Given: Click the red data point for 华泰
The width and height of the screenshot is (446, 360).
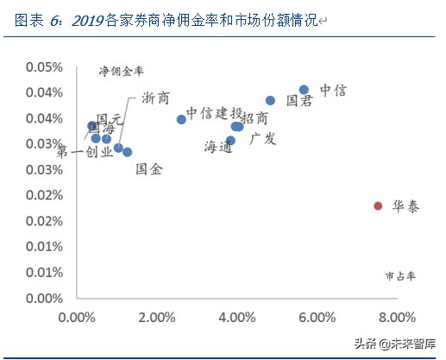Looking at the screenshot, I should point(378,205).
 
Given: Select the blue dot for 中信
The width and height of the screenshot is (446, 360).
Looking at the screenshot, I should point(304,90).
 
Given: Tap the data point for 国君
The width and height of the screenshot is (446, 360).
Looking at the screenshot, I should point(270,100).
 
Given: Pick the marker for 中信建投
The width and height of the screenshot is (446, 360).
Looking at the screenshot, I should point(181,119).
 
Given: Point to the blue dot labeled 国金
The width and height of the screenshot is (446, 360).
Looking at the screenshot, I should point(128,152).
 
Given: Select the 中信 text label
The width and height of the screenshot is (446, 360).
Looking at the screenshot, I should point(333,90).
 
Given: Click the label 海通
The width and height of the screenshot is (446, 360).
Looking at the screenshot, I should point(218,147).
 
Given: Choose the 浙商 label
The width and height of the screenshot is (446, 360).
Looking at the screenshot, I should point(155,99).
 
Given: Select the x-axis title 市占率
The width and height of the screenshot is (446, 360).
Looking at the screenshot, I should point(399,276).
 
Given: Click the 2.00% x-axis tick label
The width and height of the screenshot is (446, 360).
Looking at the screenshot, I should point(156,318).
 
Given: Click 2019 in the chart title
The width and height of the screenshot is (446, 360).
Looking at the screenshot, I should point(85,19).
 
